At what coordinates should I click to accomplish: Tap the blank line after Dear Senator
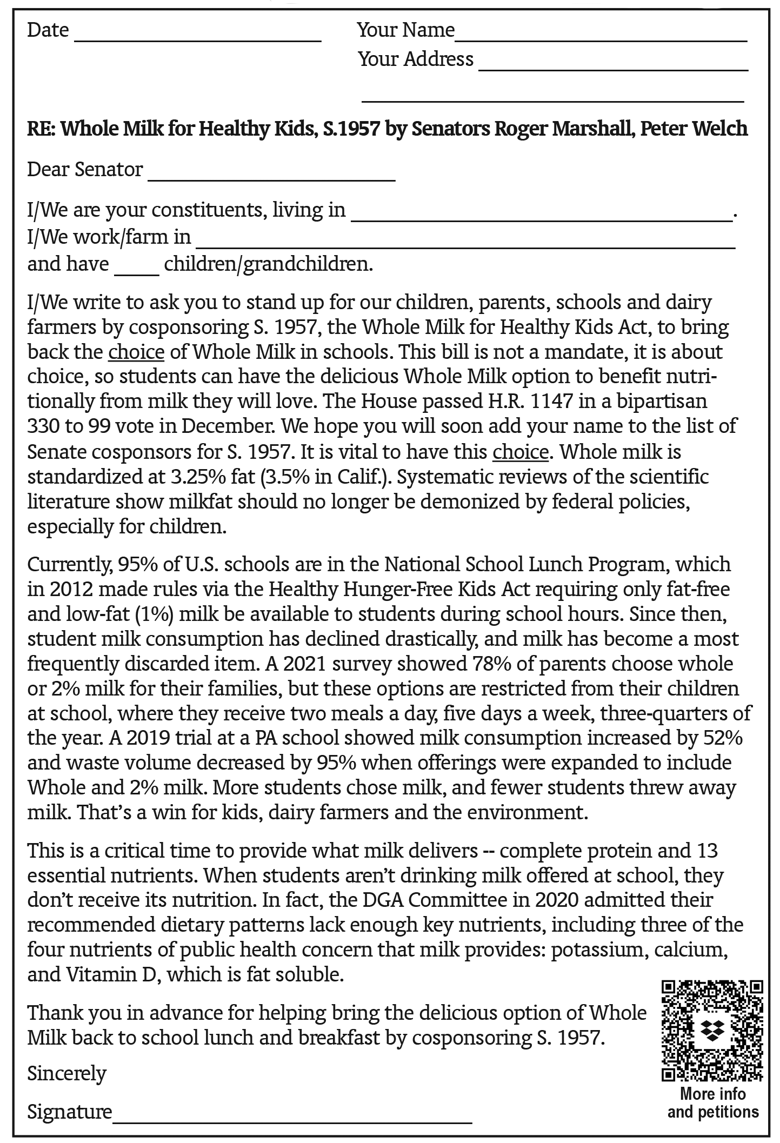click(271, 177)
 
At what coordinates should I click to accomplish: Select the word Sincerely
click(67, 1073)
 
